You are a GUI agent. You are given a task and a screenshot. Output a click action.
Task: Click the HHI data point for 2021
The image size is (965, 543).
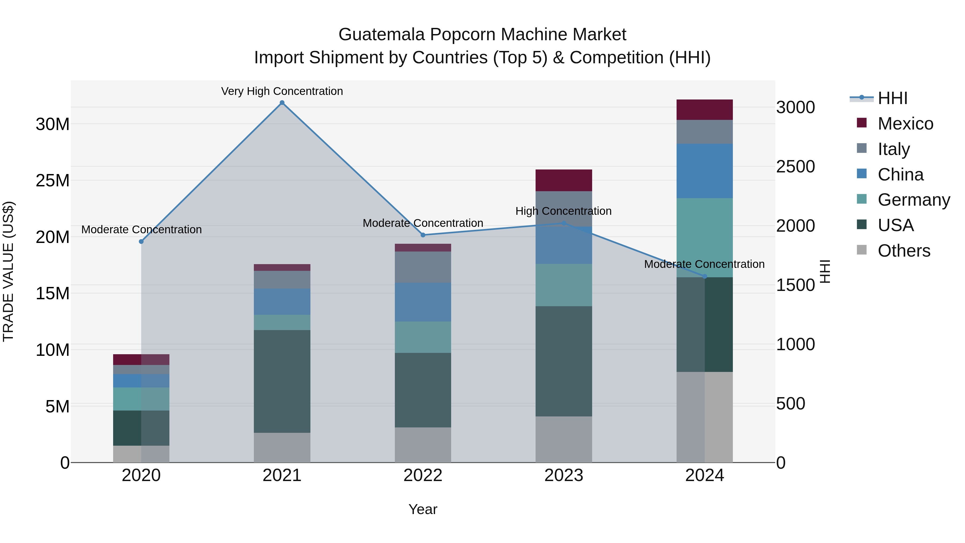[x=282, y=103]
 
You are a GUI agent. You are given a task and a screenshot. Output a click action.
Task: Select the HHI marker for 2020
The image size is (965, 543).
[x=141, y=242]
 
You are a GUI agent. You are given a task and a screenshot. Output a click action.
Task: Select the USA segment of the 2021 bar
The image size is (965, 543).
[x=282, y=382]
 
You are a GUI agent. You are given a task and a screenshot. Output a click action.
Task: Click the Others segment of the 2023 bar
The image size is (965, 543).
[x=564, y=439]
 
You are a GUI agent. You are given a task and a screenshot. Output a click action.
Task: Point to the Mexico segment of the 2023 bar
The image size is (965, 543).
[x=564, y=180]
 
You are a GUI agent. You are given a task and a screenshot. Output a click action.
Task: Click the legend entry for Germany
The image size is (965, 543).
[x=913, y=200]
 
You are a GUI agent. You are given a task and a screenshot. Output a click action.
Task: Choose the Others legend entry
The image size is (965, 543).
[x=904, y=251]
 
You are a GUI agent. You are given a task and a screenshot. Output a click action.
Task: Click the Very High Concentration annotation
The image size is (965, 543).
[x=282, y=91]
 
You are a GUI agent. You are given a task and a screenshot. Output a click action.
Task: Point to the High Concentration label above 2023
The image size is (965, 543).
[x=563, y=211]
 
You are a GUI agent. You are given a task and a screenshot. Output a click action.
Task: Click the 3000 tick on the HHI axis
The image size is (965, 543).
[x=795, y=108]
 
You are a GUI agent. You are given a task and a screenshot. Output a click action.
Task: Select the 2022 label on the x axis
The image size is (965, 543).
[x=423, y=475]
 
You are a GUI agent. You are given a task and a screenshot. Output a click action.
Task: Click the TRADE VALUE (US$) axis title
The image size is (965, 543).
[x=8, y=271]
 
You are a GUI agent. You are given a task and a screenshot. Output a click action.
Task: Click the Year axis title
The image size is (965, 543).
[x=423, y=509]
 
